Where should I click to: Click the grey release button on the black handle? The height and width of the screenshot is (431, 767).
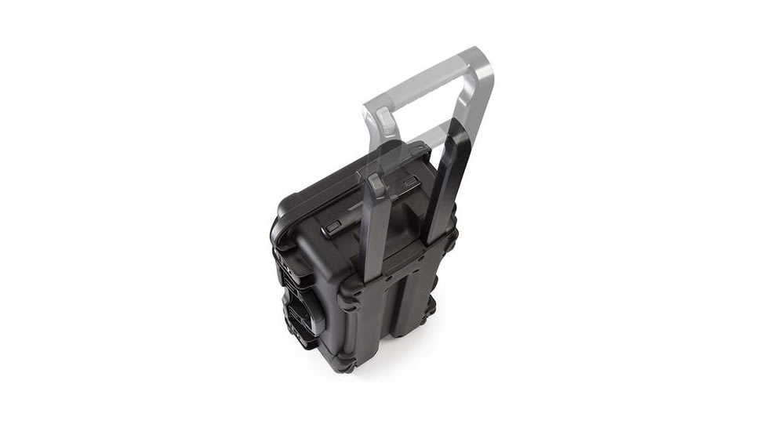pyautogui.click(x=377, y=186)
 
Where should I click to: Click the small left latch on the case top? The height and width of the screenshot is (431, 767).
pyautogui.click(x=333, y=227)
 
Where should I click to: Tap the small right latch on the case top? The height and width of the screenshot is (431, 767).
pyautogui.click(x=409, y=182)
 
